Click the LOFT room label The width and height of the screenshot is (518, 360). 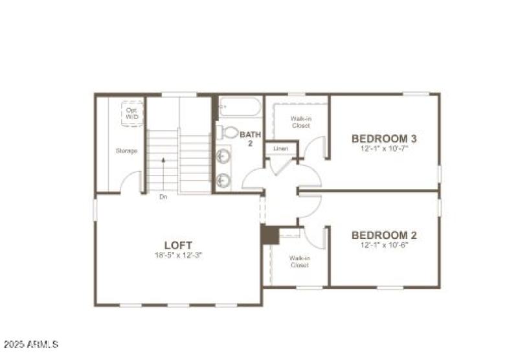(177, 245)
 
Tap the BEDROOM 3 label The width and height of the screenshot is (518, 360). (384, 139)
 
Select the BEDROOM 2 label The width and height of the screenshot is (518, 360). (384, 235)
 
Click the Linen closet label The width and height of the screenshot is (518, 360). (280, 149)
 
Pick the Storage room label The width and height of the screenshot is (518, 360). (126, 151)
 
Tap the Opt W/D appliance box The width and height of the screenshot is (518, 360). (131, 114)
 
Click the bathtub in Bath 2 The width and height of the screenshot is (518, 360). (239, 107)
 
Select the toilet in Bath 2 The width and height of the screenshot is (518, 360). (227, 132)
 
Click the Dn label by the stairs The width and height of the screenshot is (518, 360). (163, 196)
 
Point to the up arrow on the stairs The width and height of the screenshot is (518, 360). (163, 159)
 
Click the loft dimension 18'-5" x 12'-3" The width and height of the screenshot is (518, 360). (177, 255)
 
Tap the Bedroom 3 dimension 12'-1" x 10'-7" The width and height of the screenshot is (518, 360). (384, 148)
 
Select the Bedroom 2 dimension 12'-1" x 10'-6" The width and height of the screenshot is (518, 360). (384, 245)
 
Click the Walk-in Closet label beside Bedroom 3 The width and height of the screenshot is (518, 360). (299, 122)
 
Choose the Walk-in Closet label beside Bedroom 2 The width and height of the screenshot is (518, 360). (299, 262)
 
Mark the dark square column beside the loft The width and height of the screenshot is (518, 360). (270, 234)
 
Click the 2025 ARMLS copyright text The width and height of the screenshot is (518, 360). (31, 343)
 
